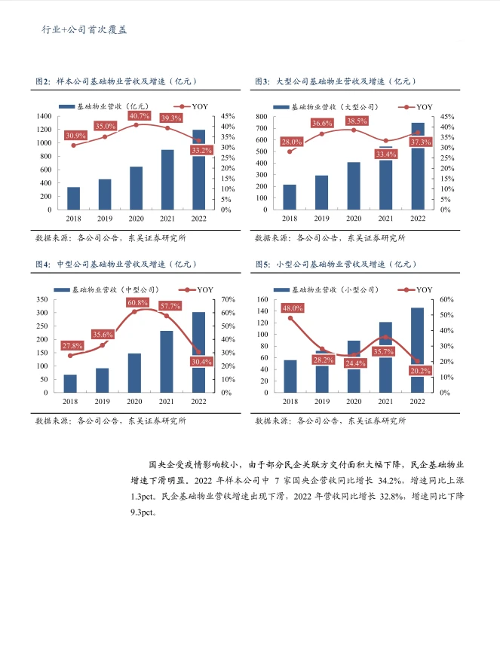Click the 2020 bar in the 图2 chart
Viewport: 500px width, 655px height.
coord(136,188)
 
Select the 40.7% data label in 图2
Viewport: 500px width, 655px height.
coord(139,116)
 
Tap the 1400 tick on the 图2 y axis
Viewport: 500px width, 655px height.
coord(43,116)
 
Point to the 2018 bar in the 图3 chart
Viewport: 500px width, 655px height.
coord(290,197)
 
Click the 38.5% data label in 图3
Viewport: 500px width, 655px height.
coord(357,121)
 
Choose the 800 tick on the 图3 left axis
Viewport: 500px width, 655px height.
coord(263,117)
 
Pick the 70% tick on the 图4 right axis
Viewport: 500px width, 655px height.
coord(225,299)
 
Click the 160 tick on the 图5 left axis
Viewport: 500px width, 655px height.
coord(262,299)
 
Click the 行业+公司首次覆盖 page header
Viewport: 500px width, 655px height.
coord(83,30)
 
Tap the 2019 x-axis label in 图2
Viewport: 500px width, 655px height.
coord(105,218)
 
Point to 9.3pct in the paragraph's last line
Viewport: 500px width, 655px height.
coord(143,513)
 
